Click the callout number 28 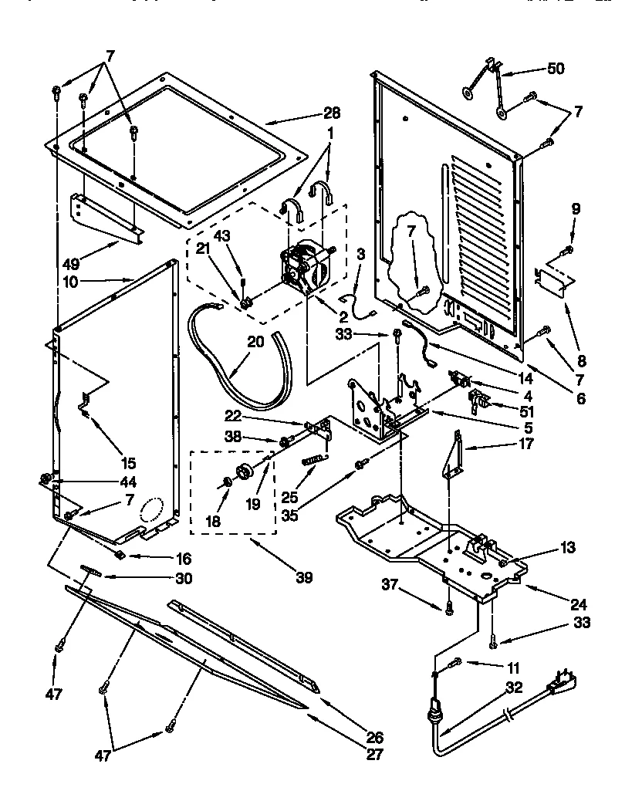(x=329, y=113)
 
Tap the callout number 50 (x=555, y=69)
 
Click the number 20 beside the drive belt (x=255, y=341)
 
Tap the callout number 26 (x=373, y=736)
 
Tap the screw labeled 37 (x=448, y=609)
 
